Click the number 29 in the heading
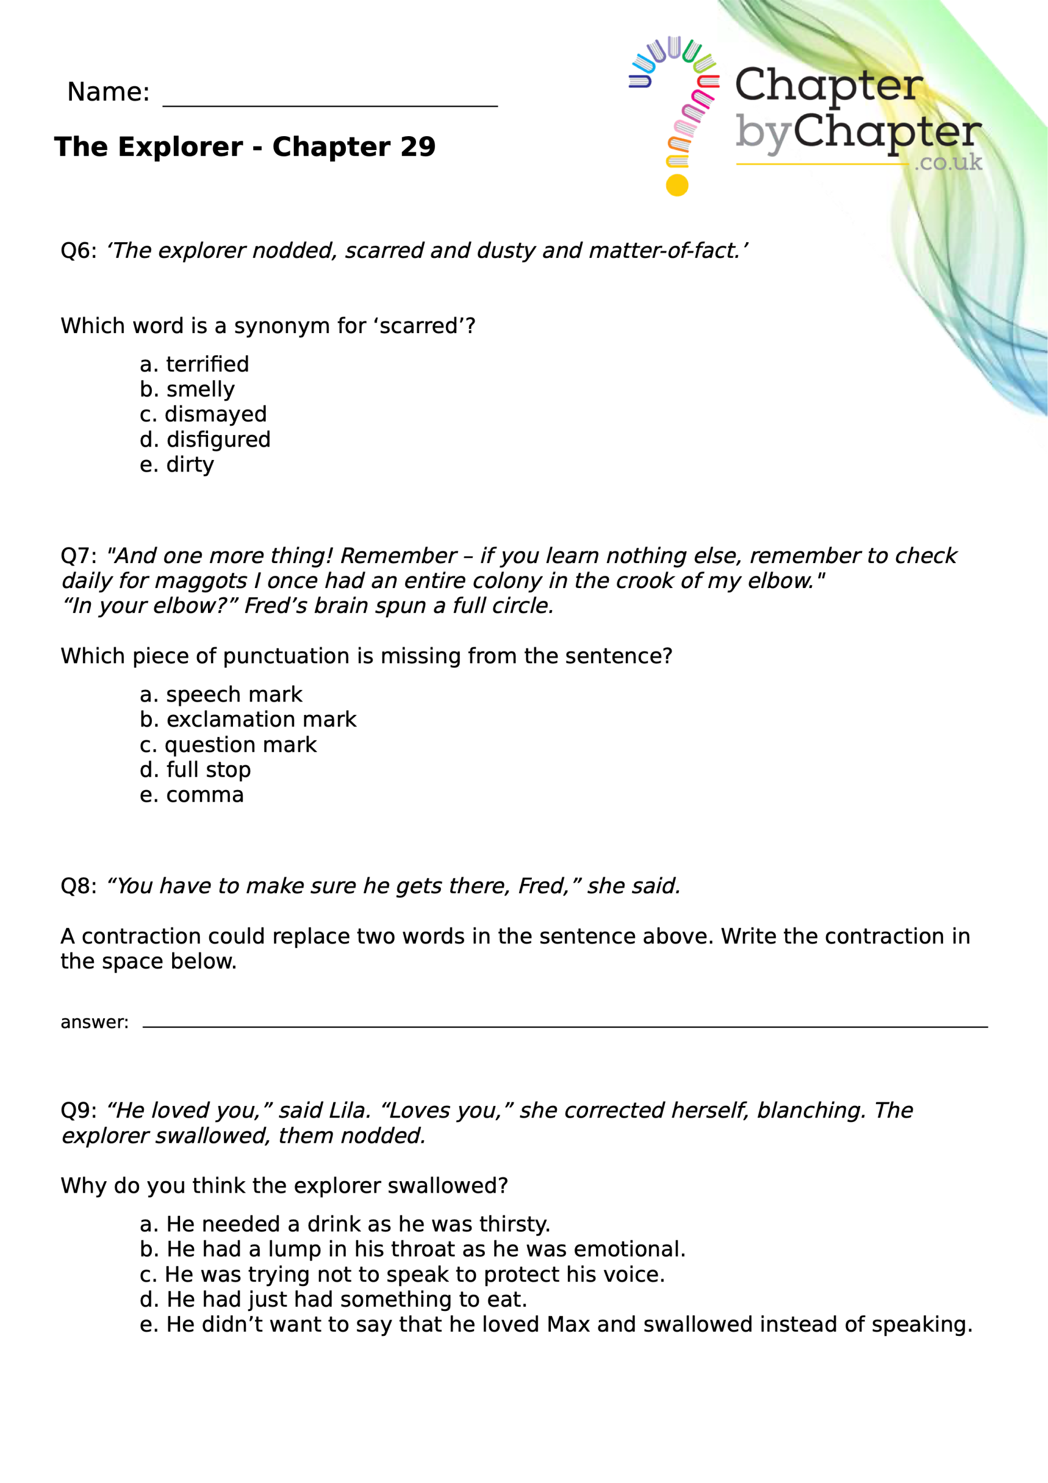[x=417, y=147]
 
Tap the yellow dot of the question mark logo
[x=677, y=185]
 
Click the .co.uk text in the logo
[x=948, y=162]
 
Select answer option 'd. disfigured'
[x=205, y=440]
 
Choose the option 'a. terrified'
[x=194, y=364]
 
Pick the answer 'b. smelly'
[x=187, y=389]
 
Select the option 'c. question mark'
[x=228, y=745]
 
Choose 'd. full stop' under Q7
[x=195, y=770]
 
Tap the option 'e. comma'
[x=191, y=795]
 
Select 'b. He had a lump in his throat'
[x=412, y=1249]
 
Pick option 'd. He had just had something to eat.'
[x=333, y=1299]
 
